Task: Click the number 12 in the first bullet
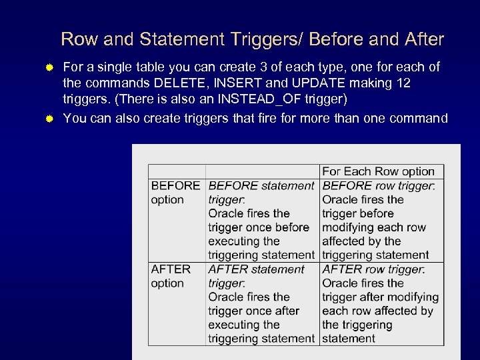pos(402,83)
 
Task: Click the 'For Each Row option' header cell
pos(378,171)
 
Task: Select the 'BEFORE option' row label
pos(175,193)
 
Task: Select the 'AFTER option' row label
pos(171,276)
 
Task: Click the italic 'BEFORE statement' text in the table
pos(261,185)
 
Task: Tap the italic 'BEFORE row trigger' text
pos(378,185)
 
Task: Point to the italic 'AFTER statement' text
pos(257,269)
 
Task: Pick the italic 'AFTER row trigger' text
pos(373,269)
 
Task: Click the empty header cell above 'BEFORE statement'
pos(262,171)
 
